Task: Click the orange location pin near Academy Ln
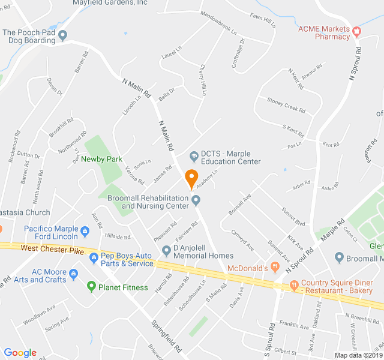191,178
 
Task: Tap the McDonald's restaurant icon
274,267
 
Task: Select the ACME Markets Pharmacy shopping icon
357,31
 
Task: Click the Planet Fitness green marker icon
91,287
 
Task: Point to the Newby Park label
102,159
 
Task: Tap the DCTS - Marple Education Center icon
193,157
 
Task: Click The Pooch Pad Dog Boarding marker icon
63,35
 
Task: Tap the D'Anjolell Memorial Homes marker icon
166,250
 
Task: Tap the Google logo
20,353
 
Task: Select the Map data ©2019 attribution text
358,355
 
